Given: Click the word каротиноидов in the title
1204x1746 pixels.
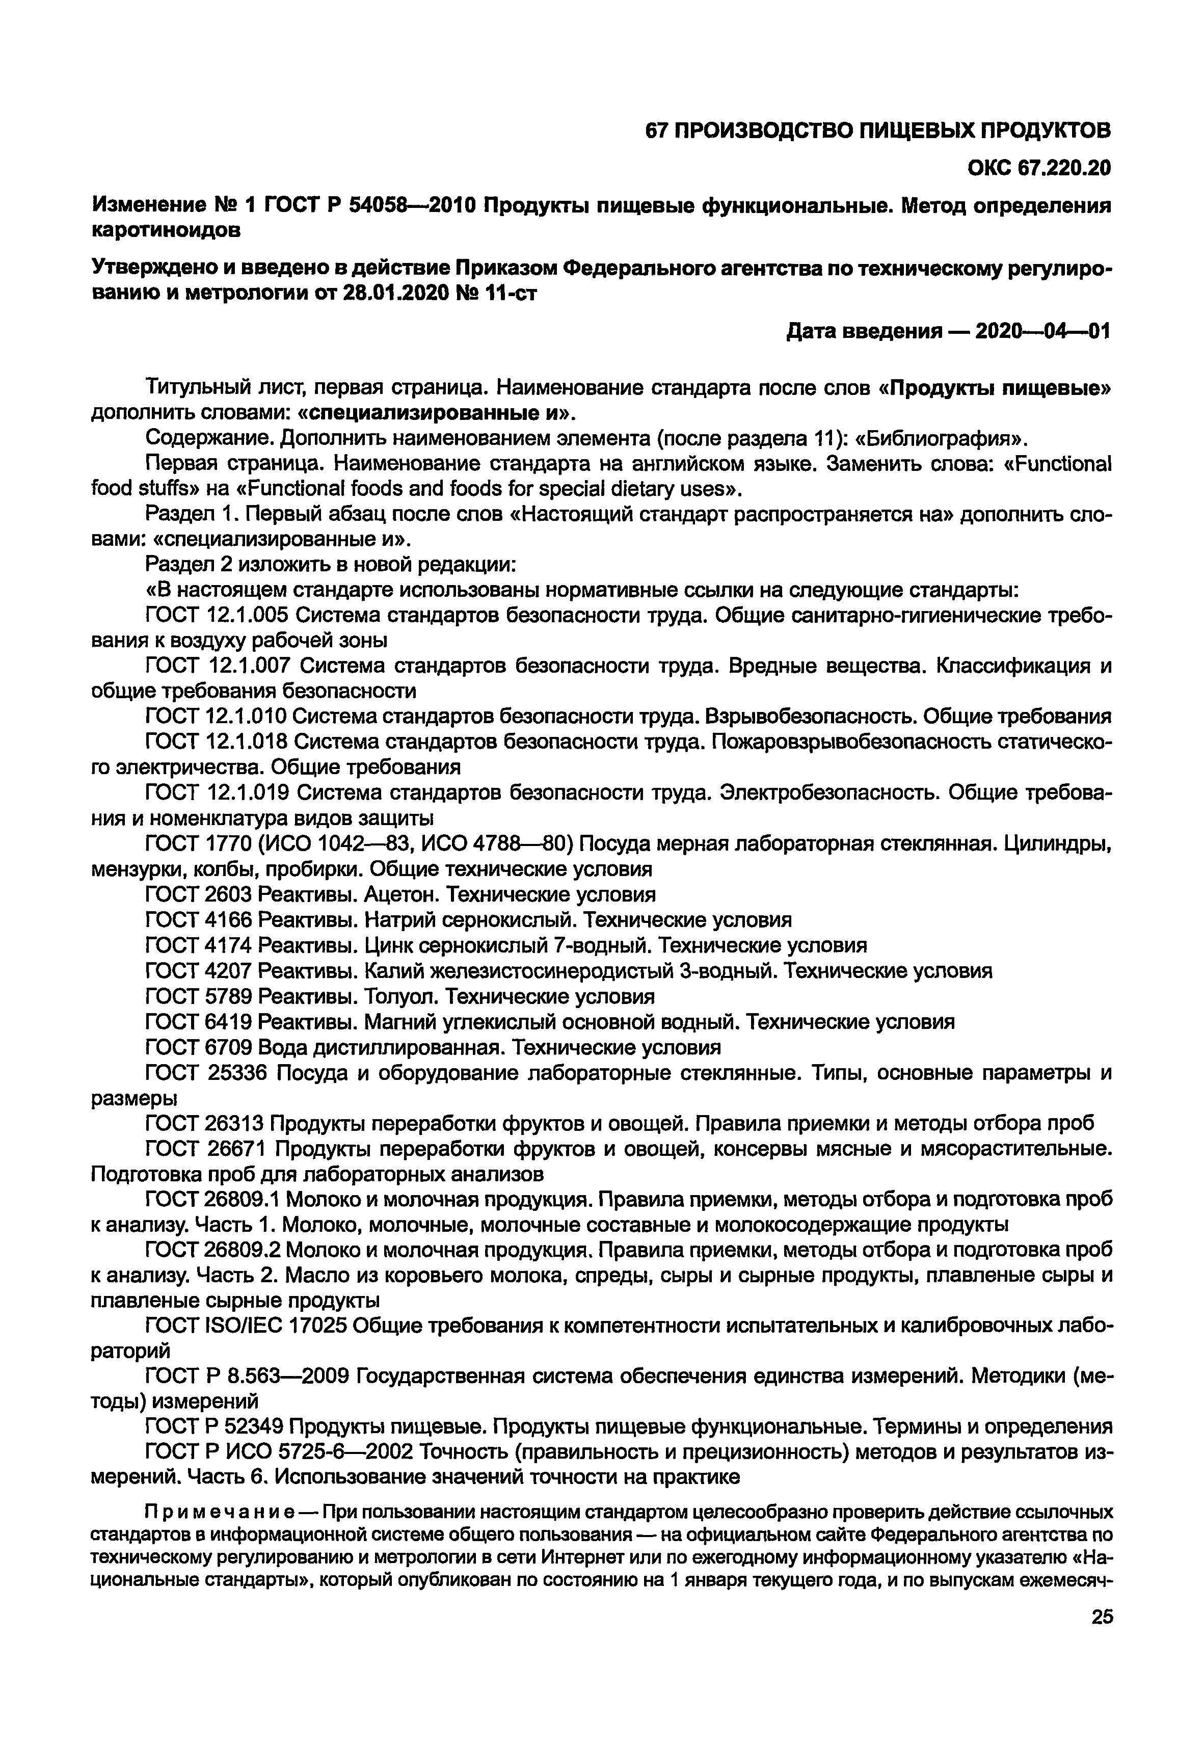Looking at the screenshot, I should click(166, 230).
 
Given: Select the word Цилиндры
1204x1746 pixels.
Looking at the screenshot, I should click(1056, 843).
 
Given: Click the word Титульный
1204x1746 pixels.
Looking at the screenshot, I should click(193, 388).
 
